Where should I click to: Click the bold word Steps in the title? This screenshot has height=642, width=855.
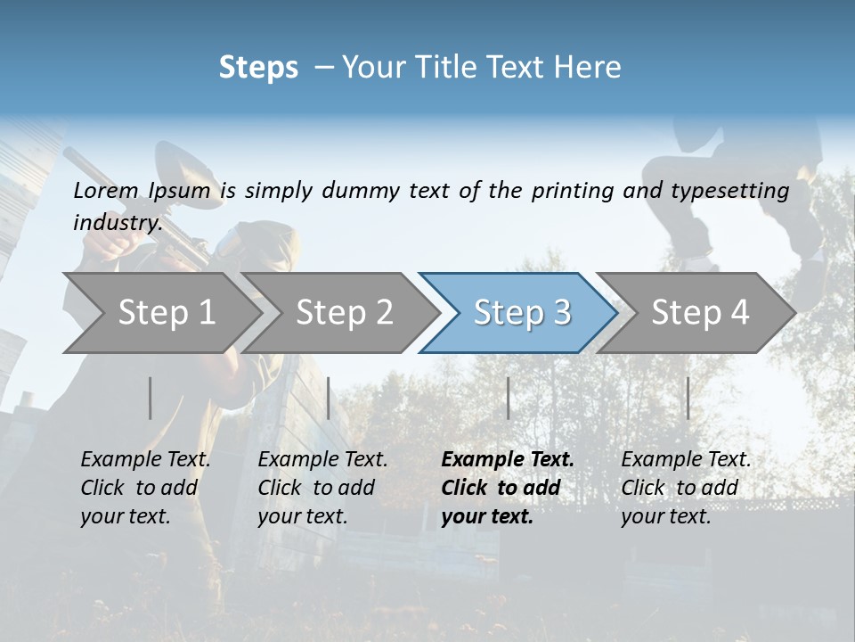point(258,68)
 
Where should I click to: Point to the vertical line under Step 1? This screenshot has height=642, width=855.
point(151,398)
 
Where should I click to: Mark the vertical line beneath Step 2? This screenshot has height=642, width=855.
point(329,398)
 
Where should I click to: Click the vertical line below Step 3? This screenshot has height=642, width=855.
point(509,398)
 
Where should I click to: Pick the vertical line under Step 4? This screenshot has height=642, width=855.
point(688,398)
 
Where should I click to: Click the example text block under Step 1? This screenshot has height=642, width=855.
point(145,488)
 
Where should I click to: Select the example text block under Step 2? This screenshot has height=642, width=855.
point(322,488)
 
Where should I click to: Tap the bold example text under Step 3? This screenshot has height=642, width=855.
point(508,488)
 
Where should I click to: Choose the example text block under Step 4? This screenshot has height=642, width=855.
point(686,488)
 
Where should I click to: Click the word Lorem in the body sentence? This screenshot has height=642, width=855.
point(106,190)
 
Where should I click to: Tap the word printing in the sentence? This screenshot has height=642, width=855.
point(567,191)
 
